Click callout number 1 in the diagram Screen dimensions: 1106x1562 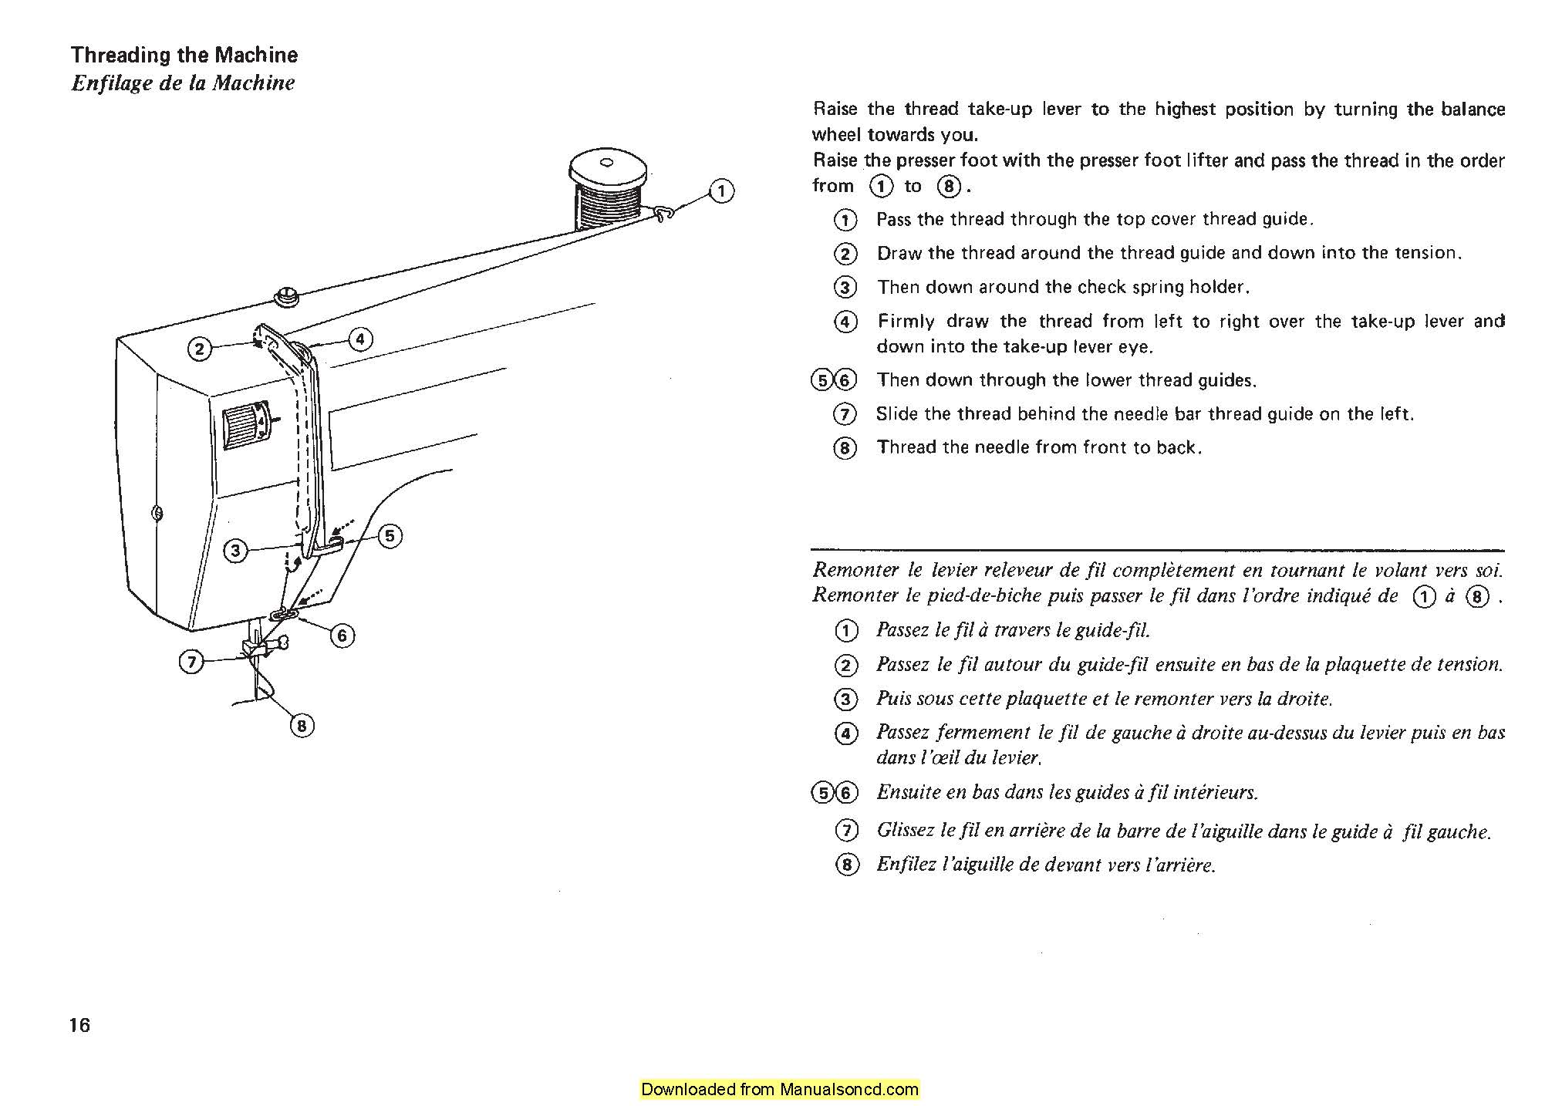tap(721, 191)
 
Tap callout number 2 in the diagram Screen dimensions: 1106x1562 tap(200, 349)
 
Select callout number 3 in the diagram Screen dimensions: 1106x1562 tap(236, 551)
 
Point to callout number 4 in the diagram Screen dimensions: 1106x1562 tap(359, 339)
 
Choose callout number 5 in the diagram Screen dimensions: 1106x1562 tap(390, 535)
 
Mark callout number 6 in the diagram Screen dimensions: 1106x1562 tap(342, 636)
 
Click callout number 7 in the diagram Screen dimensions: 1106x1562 tap(191, 662)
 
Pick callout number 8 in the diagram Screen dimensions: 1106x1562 tap(302, 726)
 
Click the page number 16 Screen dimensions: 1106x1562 tap(79, 1025)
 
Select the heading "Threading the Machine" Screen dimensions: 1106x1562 tap(184, 55)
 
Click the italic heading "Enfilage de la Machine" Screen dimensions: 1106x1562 tap(183, 83)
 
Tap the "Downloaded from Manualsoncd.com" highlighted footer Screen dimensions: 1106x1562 tap(780, 1089)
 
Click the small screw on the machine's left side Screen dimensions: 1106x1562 tap(157, 512)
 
